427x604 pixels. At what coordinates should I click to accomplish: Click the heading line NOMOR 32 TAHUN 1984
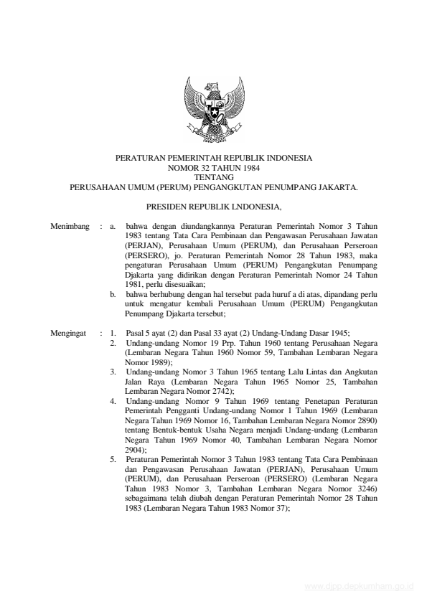tap(213, 166)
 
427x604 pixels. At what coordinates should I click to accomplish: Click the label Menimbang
tap(70, 227)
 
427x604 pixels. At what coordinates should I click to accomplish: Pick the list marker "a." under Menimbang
tap(113, 227)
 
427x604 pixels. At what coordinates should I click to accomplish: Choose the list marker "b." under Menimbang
tap(113, 294)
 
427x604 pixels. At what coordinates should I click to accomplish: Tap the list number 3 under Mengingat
tap(113, 372)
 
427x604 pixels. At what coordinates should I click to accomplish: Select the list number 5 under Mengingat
tap(113, 458)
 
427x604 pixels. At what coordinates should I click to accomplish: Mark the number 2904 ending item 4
tap(133, 448)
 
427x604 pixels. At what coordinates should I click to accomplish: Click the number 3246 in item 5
tap(364, 486)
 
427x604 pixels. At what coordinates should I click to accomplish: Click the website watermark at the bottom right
tap(360, 586)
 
